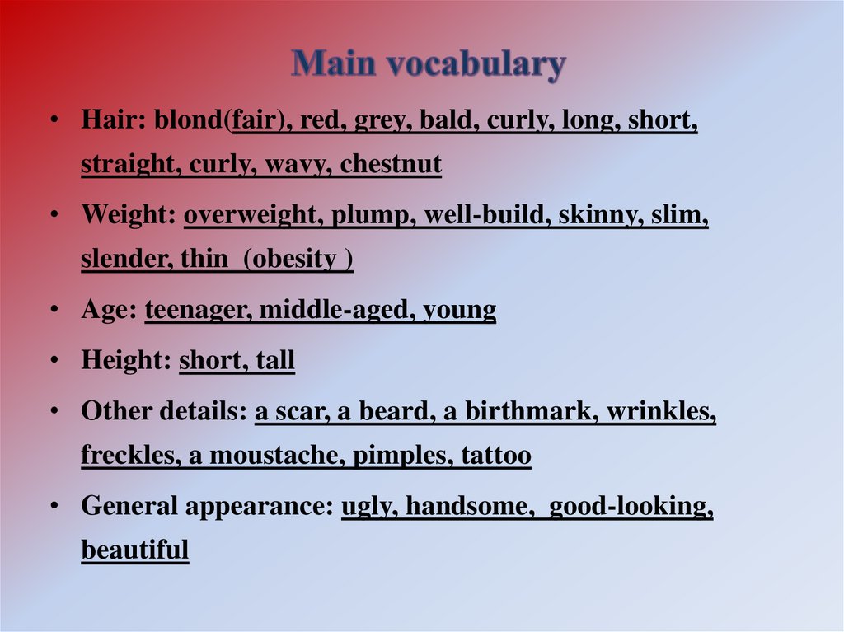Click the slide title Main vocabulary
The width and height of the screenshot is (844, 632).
click(428, 64)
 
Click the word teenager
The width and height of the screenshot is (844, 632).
click(198, 311)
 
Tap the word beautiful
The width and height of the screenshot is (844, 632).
click(135, 550)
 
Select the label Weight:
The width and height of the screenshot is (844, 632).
click(128, 217)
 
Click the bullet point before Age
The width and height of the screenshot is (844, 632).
click(54, 311)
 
